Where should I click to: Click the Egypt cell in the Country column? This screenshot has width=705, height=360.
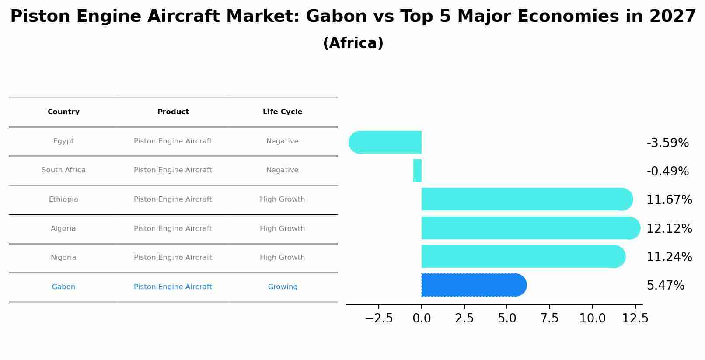tap(63, 141)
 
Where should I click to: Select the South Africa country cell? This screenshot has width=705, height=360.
tap(63, 170)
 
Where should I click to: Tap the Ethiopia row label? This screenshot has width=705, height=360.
tap(63, 199)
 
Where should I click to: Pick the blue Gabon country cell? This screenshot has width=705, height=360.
tap(63, 287)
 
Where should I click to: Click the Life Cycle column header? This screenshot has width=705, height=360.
tap(283, 112)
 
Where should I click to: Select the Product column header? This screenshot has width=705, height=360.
tap(173, 112)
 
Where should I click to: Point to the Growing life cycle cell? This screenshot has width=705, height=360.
tap(283, 287)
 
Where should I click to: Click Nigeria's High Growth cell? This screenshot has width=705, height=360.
tap(283, 258)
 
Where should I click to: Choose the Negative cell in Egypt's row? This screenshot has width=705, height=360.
tap(283, 141)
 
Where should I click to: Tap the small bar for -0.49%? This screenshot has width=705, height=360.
tap(417, 171)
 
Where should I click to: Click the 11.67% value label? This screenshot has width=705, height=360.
tap(669, 200)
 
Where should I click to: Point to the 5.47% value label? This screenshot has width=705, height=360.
tap(665, 286)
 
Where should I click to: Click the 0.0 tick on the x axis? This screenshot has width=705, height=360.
tap(422, 318)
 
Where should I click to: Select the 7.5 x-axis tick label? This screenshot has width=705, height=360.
tap(549, 318)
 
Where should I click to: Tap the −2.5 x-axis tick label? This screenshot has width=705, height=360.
tap(379, 318)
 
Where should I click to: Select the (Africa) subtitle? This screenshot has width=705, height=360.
tap(353, 43)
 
